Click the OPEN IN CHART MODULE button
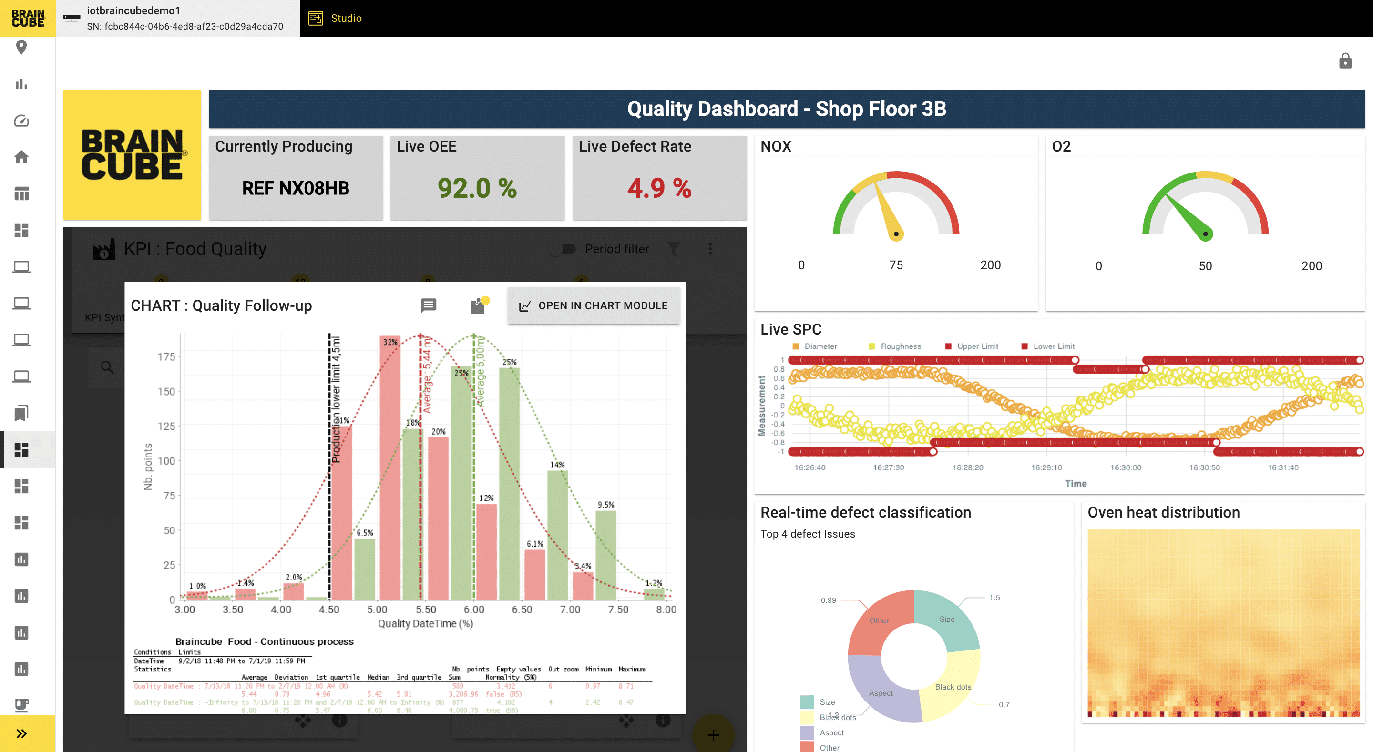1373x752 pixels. (x=593, y=305)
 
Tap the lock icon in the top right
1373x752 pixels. (x=1345, y=61)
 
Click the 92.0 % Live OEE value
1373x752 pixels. (x=477, y=188)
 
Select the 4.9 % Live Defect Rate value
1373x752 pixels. (x=659, y=188)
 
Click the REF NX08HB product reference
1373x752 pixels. (x=295, y=188)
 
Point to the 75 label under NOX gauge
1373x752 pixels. (x=895, y=265)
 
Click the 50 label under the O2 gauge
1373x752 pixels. (x=1205, y=266)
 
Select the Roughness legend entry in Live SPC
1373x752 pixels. (x=900, y=346)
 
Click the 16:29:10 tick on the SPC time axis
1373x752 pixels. (x=1046, y=467)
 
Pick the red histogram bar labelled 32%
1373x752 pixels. (x=389, y=469)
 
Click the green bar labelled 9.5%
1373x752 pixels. (x=605, y=554)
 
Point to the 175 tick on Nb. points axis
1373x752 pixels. (x=166, y=356)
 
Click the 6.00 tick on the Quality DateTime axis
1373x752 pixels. (x=473, y=609)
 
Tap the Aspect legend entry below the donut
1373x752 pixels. (x=831, y=733)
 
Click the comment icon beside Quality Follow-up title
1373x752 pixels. (x=429, y=305)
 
